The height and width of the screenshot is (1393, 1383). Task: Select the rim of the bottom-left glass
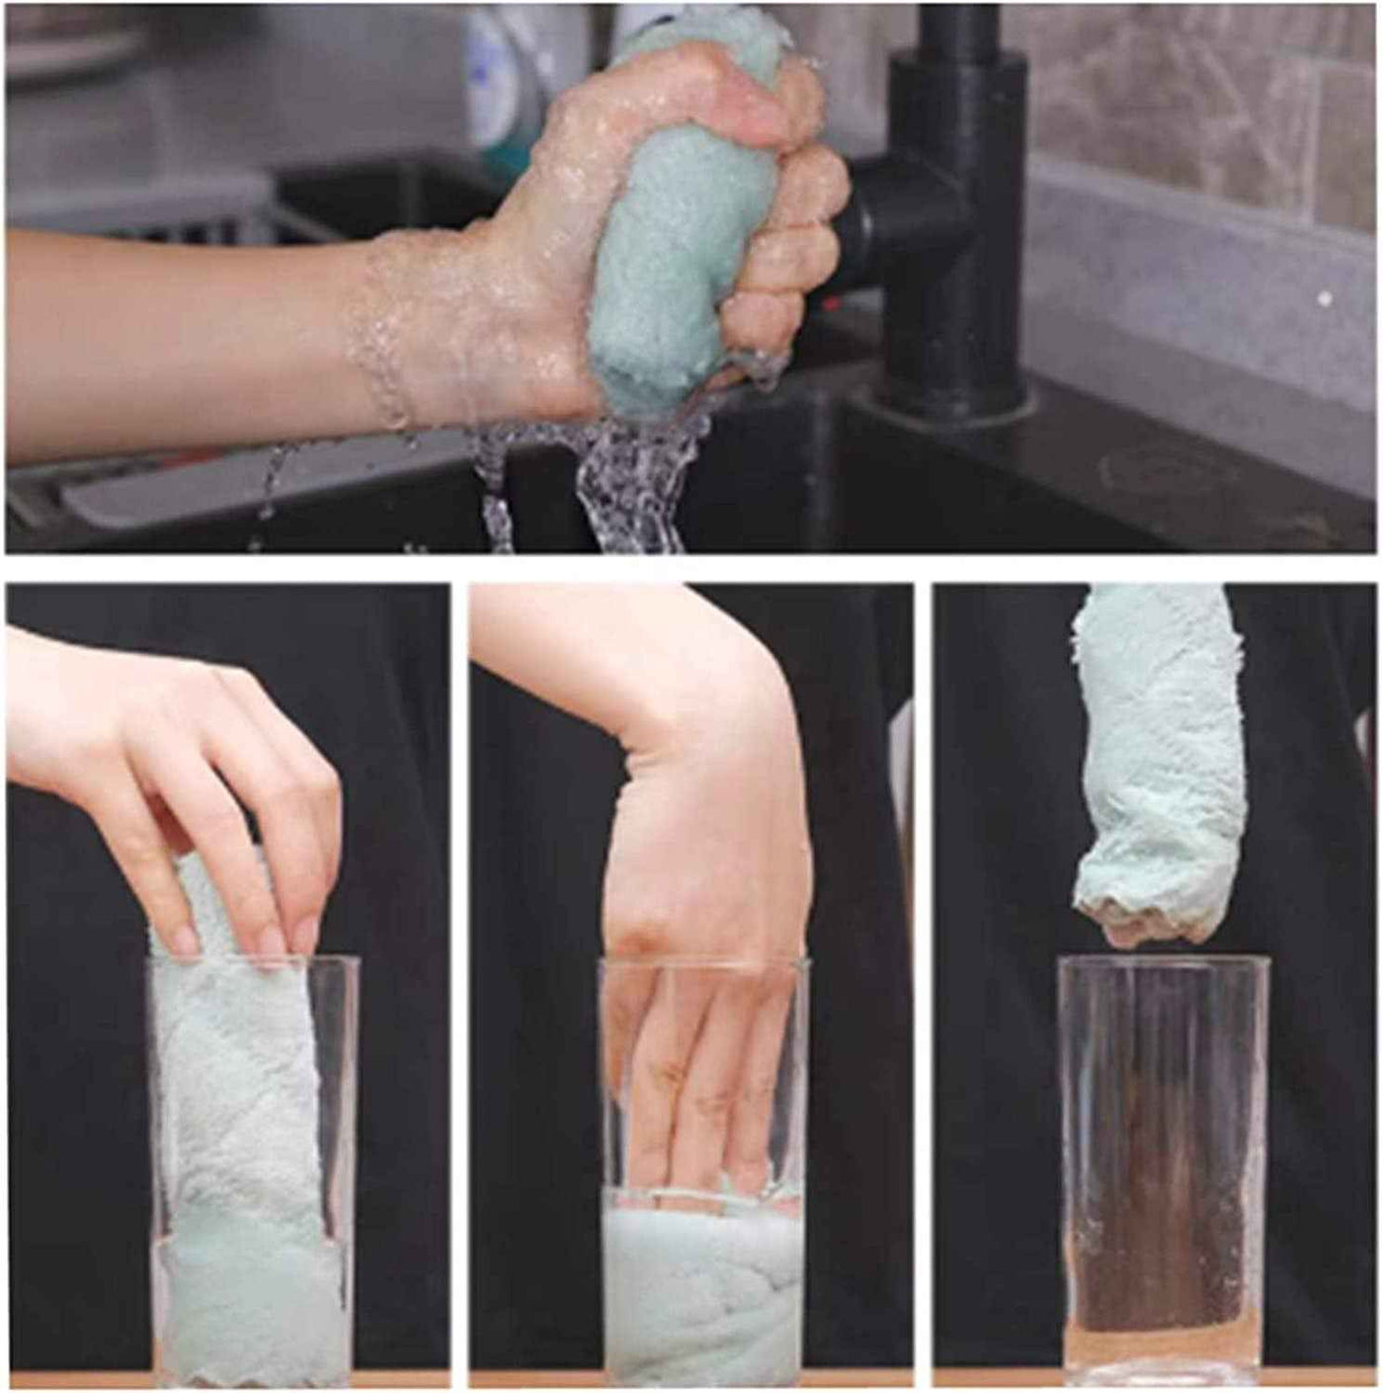click(x=252, y=960)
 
